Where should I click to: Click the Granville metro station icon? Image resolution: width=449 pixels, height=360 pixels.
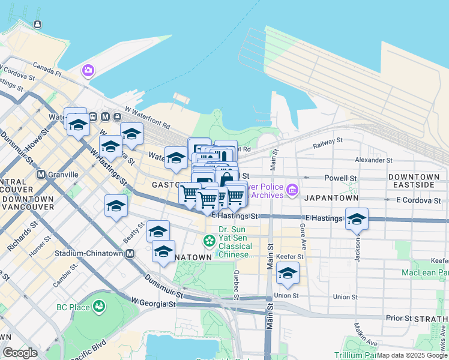tap(41, 175)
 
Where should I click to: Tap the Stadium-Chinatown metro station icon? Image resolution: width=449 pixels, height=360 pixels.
tap(130, 254)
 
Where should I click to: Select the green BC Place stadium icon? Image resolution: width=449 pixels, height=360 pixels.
tap(99, 307)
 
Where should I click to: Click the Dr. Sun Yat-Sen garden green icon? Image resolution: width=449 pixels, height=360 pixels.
tap(209, 241)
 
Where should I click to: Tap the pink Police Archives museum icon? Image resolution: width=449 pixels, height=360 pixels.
tap(292, 190)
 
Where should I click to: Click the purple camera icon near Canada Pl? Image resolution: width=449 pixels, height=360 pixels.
tap(88, 71)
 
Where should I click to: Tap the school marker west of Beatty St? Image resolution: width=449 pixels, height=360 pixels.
tap(116, 206)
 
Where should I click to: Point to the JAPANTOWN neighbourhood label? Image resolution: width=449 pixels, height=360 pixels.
tap(331, 198)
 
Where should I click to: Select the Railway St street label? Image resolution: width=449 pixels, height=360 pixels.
tap(328, 143)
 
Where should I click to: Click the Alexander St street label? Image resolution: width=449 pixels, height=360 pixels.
tap(373, 160)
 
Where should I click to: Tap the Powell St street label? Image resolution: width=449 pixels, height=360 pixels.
tap(340, 178)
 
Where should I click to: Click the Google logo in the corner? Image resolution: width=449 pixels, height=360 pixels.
tap(20, 353)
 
